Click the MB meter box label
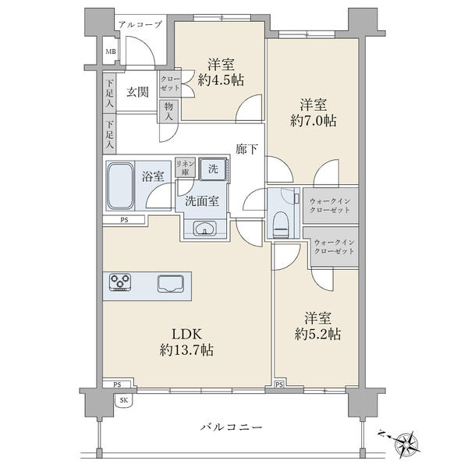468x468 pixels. point(111,51)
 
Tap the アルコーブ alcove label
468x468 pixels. point(140,24)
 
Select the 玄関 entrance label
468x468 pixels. point(137,92)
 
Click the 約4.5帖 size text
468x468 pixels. point(221,80)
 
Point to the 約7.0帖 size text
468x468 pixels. point(314,121)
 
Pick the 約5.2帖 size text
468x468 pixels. point(317,334)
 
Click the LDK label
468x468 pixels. point(187,334)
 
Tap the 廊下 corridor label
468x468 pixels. point(246,149)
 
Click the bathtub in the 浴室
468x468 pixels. point(120,186)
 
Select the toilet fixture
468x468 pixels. point(281,225)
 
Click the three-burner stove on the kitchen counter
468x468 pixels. point(120,282)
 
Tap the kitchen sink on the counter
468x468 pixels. point(170,283)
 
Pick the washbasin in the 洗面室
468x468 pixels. point(205,229)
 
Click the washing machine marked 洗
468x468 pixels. point(213,169)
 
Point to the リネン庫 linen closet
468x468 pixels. point(185,167)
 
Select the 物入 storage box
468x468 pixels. point(168,111)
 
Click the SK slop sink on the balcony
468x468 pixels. point(124,400)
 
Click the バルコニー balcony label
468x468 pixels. point(231,427)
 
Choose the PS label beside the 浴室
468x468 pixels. point(124,220)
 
